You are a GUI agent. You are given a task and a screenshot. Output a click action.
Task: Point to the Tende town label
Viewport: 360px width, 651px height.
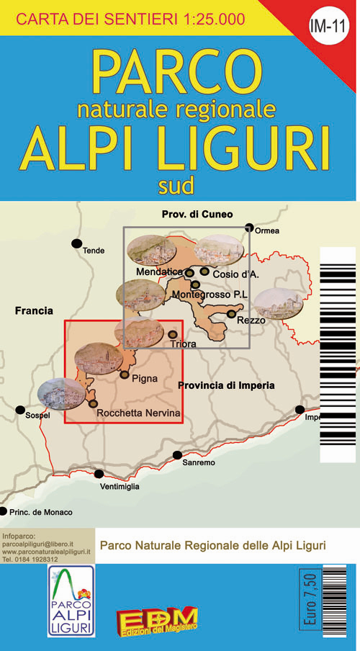(x=94, y=251)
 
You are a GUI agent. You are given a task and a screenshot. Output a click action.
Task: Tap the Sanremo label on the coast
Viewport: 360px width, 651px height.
(x=198, y=462)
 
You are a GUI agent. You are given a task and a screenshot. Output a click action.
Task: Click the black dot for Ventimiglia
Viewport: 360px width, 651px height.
(x=99, y=474)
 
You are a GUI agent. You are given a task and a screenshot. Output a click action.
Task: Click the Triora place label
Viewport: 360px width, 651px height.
(x=184, y=344)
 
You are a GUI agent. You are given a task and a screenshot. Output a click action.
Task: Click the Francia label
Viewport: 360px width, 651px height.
(x=34, y=311)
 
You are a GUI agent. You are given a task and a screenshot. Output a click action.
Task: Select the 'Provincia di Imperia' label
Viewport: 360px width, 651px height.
(x=227, y=385)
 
